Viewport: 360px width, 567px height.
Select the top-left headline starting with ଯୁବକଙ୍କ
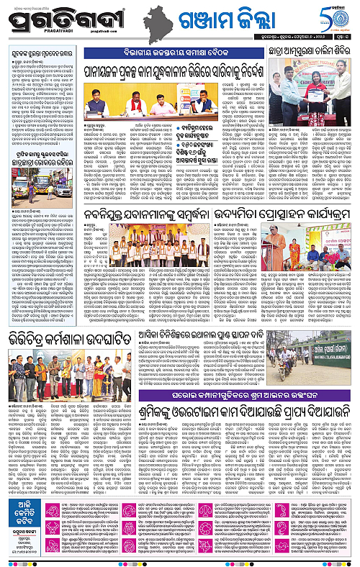tap(42, 53)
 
